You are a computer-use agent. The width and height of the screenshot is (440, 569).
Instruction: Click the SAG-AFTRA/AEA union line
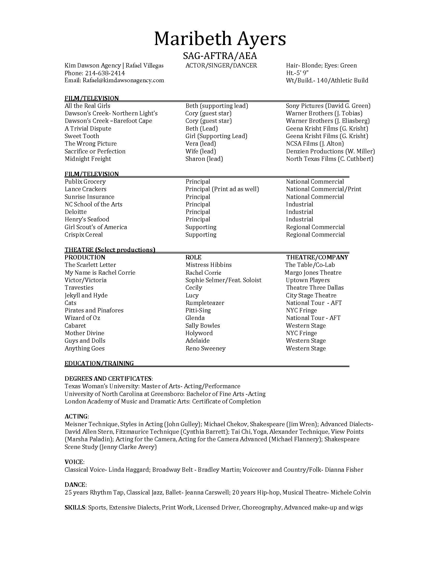220,56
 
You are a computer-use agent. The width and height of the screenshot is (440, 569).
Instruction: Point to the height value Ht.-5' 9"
297,73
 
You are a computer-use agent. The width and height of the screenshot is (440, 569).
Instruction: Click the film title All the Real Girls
87,106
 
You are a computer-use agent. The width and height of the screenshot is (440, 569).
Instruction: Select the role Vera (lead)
200,144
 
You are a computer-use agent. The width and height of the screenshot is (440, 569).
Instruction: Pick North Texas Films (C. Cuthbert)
329,159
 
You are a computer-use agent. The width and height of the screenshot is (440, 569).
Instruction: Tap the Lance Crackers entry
85,189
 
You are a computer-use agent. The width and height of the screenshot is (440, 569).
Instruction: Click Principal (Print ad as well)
222,189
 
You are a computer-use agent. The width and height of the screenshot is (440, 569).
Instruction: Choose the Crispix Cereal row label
84,235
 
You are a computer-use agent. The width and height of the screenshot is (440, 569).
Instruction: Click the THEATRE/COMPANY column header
317,257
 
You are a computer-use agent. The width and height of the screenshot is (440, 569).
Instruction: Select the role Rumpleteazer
205,303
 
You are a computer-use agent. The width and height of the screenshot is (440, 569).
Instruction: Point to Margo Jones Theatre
313,273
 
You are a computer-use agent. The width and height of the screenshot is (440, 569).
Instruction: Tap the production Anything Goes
84,348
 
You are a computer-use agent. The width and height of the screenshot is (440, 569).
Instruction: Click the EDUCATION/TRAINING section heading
99,363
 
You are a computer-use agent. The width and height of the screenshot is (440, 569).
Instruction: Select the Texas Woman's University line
152,386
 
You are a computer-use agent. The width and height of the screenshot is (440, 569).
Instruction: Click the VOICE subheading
74,462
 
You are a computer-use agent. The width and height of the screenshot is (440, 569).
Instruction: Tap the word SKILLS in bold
75,507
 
